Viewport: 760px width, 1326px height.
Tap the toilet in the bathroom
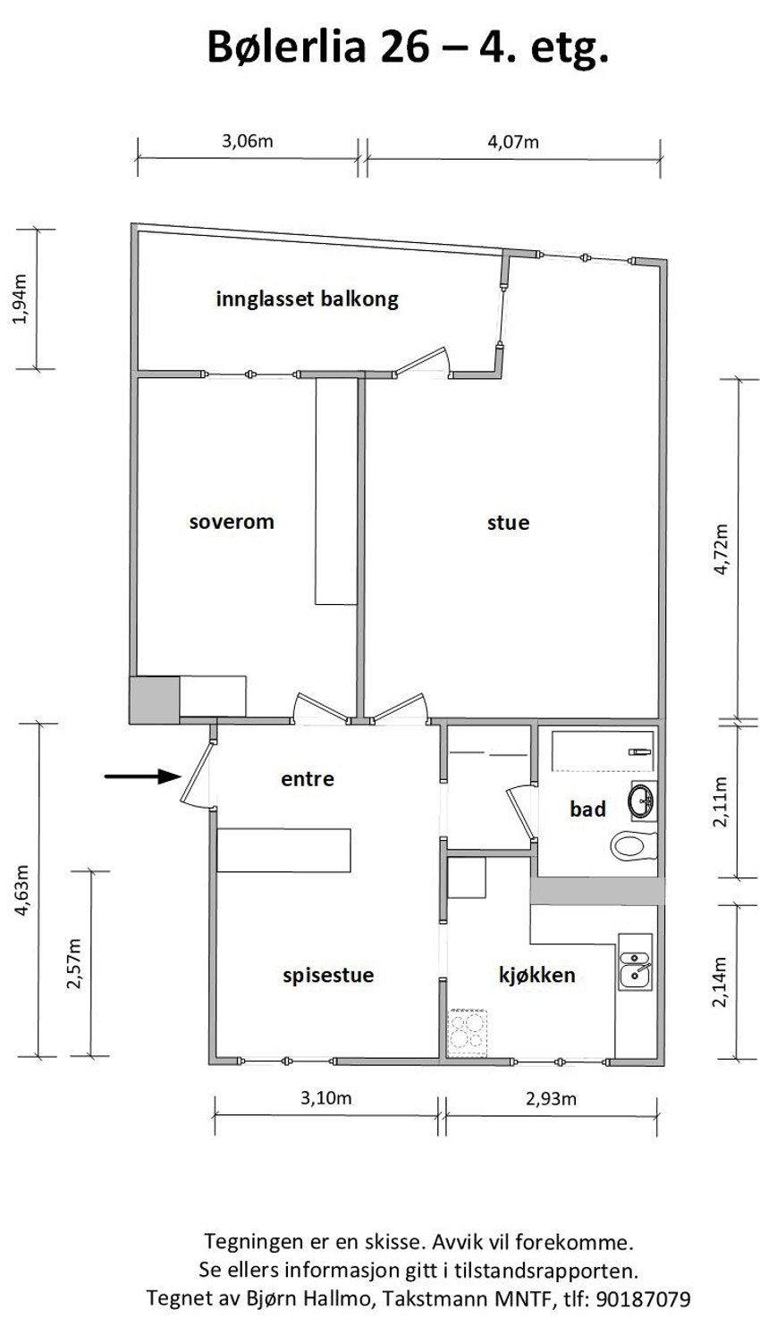(634, 844)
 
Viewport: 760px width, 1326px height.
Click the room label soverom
(231, 522)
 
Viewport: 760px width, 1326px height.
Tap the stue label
(508, 522)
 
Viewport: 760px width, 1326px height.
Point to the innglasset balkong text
(307, 298)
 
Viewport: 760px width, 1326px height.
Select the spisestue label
(328, 975)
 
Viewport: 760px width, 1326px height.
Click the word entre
(308, 779)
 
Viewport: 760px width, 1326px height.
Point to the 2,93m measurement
(551, 1098)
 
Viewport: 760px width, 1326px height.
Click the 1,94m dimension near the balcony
(18, 300)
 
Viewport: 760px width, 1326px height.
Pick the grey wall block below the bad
(597, 891)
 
